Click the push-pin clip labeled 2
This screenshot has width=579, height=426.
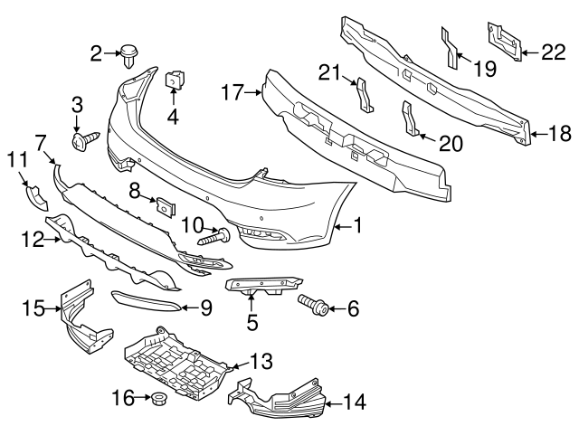[x=129, y=56]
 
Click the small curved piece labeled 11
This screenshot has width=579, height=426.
[x=35, y=195]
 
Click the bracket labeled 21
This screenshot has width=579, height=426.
[x=362, y=95]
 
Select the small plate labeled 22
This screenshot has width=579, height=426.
[x=505, y=42]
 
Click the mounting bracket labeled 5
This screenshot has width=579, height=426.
[x=259, y=288]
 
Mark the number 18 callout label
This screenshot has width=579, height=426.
[x=561, y=135]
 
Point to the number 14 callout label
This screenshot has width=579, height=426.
[x=355, y=399]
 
